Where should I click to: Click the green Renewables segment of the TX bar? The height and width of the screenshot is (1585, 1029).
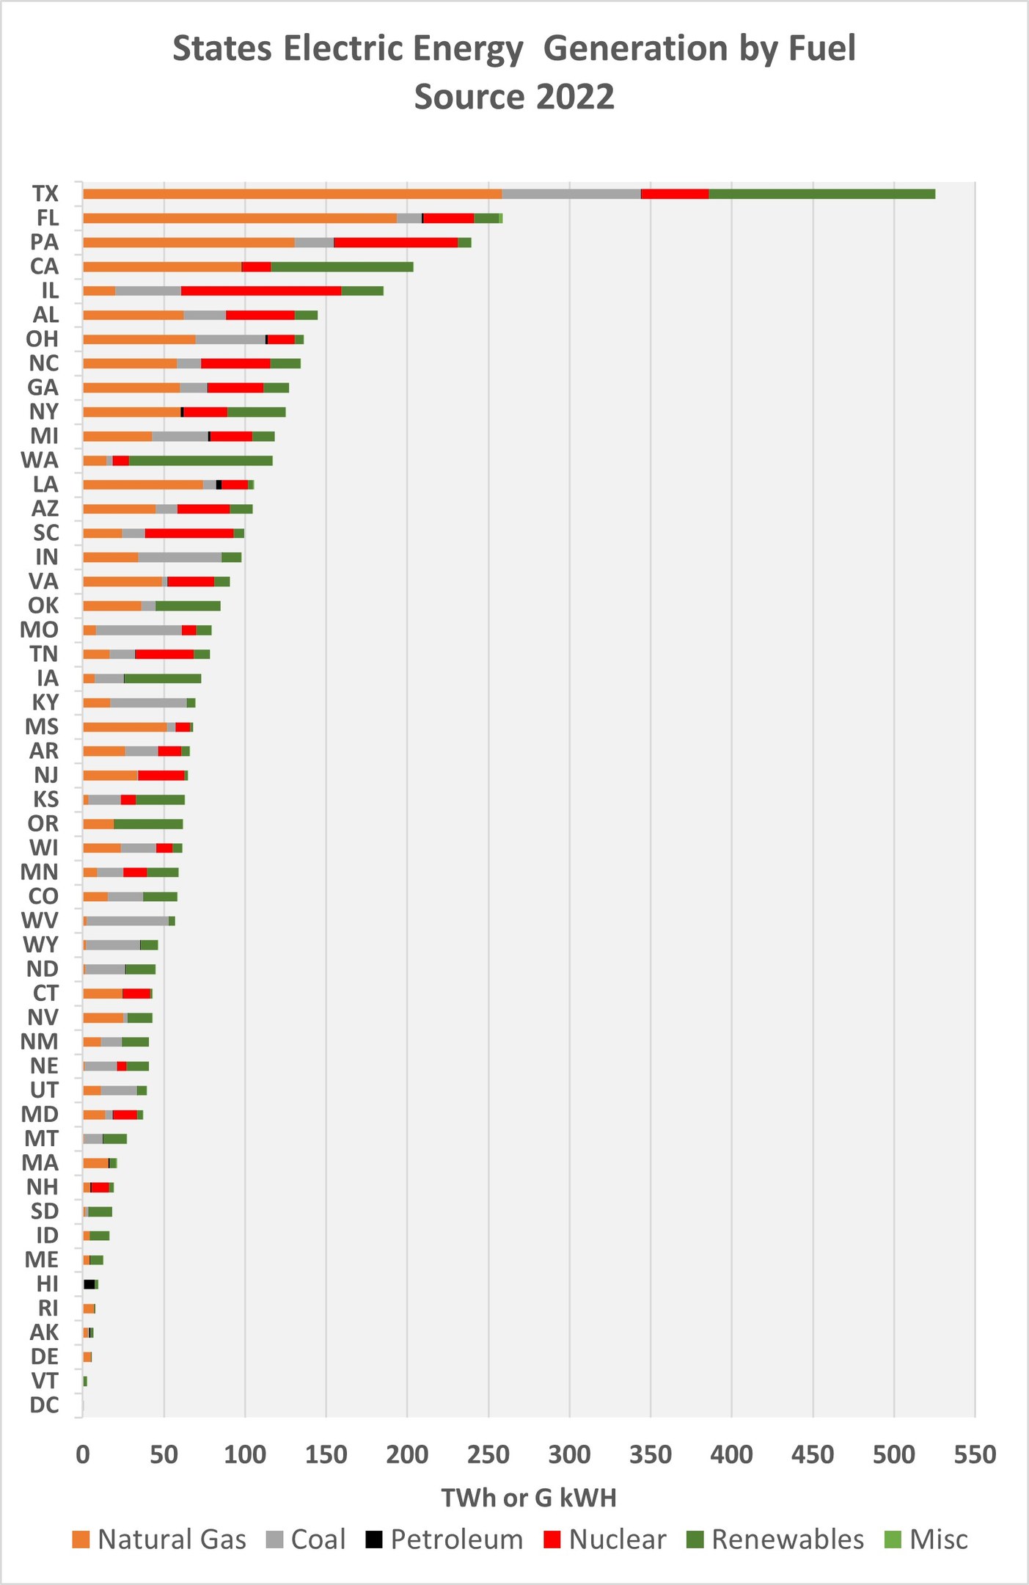821,194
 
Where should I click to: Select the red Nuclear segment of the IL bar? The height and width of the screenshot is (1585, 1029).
260,291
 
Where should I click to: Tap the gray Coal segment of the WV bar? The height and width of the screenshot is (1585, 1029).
128,921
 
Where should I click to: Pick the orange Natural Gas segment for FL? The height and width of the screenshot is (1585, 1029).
239,218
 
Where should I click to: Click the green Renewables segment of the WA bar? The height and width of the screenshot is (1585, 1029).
200,461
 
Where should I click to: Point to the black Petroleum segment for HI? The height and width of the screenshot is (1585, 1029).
89,1284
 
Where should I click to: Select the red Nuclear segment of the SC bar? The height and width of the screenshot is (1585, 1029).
189,533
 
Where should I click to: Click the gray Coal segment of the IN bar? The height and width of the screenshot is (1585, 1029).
180,558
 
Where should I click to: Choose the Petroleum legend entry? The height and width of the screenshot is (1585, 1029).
444,1539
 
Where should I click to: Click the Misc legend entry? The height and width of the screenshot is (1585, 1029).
926,1539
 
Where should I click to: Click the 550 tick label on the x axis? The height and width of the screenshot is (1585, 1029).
975,1455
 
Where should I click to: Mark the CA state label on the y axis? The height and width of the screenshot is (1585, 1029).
44,266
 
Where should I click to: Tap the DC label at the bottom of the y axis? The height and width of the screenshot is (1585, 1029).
44,1405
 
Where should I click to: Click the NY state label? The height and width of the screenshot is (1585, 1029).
44,412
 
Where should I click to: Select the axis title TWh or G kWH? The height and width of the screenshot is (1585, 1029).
528,1498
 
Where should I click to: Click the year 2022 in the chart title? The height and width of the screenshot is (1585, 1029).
574,97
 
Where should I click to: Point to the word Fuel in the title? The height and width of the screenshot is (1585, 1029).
821,48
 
